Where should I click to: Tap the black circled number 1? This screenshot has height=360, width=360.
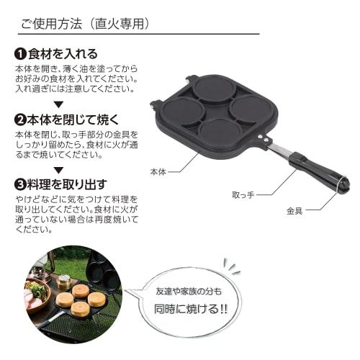(x=21, y=54)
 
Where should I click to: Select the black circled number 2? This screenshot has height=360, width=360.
(x=21, y=120)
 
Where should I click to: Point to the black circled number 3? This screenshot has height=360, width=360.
(x=21, y=183)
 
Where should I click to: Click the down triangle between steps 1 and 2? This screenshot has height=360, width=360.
(x=60, y=104)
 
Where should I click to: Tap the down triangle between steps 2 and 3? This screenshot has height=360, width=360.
(x=60, y=168)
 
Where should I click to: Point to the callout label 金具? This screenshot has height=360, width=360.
(x=294, y=212)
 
